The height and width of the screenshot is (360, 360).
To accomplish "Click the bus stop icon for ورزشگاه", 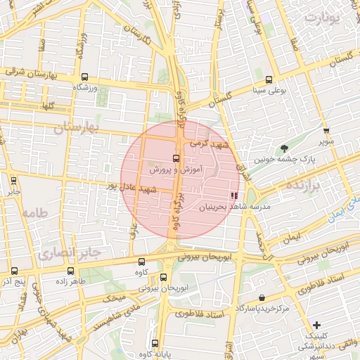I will (x=84, y=77).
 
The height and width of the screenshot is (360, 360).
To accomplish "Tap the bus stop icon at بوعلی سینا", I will (x=270, y=79).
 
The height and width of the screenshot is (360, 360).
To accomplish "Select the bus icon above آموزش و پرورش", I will (x=176, y=159).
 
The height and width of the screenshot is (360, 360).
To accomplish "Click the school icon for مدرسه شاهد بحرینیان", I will (x=233, y=197).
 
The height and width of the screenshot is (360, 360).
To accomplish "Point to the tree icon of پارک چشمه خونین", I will (x=284, y=148).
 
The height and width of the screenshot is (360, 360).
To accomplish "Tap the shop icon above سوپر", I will (x=326, y=131).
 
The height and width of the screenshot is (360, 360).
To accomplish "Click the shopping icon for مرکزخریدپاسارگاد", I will (x=262, y=298).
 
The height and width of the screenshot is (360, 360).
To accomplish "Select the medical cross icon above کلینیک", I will (x=318, y=325).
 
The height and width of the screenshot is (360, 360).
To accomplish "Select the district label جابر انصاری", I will (x=70, y=251).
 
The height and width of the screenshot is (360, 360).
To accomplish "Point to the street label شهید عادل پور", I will (x=129, y=188).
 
